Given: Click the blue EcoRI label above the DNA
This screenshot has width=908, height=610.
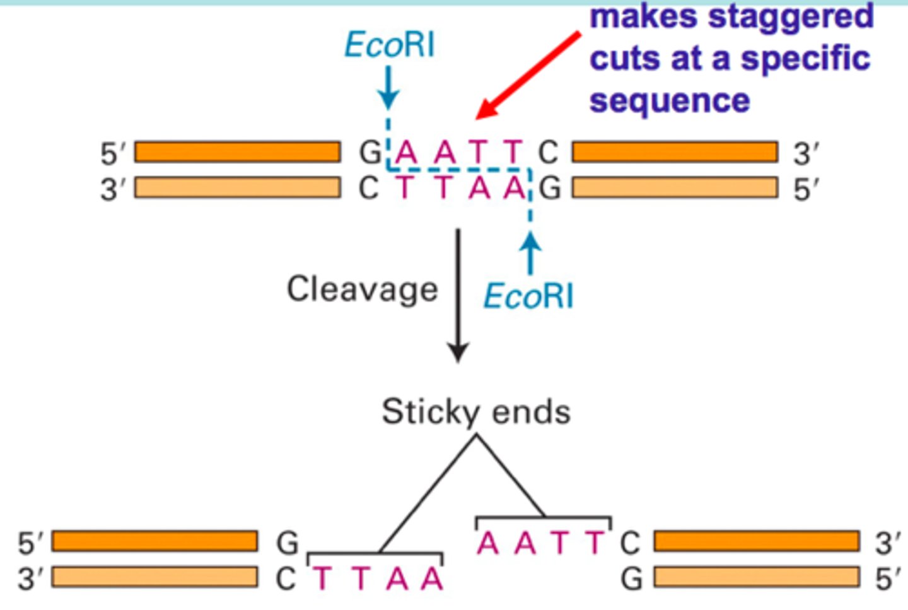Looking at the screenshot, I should (390, 45).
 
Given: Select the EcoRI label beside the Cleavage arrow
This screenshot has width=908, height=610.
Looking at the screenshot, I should (528, 296).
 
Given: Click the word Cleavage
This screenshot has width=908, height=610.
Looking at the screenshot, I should (362, 290).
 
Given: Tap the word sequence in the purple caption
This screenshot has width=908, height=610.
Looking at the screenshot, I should (670, 101).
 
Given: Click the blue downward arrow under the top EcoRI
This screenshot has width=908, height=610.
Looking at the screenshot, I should (388, 88).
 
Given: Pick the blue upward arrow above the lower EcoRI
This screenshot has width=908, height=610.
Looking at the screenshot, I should (530, 252).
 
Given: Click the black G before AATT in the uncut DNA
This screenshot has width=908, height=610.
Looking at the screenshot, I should (370, 153).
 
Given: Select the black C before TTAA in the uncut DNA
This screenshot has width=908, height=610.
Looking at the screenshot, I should (369, 188).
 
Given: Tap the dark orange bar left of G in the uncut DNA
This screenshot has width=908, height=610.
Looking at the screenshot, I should (238, 152).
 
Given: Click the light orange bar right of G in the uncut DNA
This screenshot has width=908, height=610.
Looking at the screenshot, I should (675, 188).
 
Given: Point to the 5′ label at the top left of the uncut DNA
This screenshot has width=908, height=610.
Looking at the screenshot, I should (113, 154).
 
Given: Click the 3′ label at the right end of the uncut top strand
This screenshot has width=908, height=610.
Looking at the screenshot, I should (805, 154).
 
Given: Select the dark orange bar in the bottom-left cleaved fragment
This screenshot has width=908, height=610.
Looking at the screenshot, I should (154, 541).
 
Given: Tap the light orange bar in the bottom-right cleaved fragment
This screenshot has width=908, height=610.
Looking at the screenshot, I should (757, 577).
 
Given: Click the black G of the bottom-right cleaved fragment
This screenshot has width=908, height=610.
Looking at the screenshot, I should (632, 578).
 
